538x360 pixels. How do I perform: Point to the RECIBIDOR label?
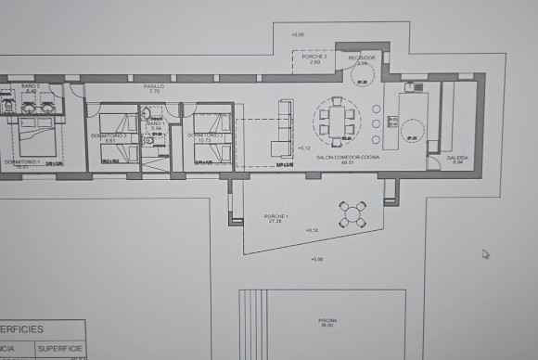pos(361,58)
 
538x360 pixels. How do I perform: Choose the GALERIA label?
pos(457,158)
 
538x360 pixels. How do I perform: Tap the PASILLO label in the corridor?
pos(154,86)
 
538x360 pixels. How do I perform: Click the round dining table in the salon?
pos(335,120)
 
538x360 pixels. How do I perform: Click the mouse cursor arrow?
pos(485,253)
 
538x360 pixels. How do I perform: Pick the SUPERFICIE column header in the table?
pos(60,349)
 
